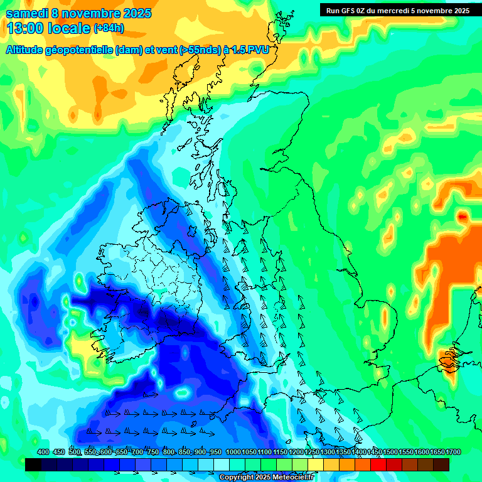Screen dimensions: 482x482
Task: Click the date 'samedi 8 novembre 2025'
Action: pos(78,13)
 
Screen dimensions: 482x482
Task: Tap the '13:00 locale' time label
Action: pos(48,28)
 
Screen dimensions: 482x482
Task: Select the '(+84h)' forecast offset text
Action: pos(109,28)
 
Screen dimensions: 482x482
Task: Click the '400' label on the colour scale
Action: pos(43,452)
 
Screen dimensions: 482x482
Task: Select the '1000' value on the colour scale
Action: pos(233,452)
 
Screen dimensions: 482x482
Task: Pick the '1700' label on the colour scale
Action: pos(437,452)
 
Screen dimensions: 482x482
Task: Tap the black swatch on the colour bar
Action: pos(33,464)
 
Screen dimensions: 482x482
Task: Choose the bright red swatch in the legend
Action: pos(378,464)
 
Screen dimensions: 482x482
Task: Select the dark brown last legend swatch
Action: pos(441,464)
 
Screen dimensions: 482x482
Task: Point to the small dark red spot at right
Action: pos(463,217)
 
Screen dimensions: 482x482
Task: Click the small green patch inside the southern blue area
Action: pos(183,394)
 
